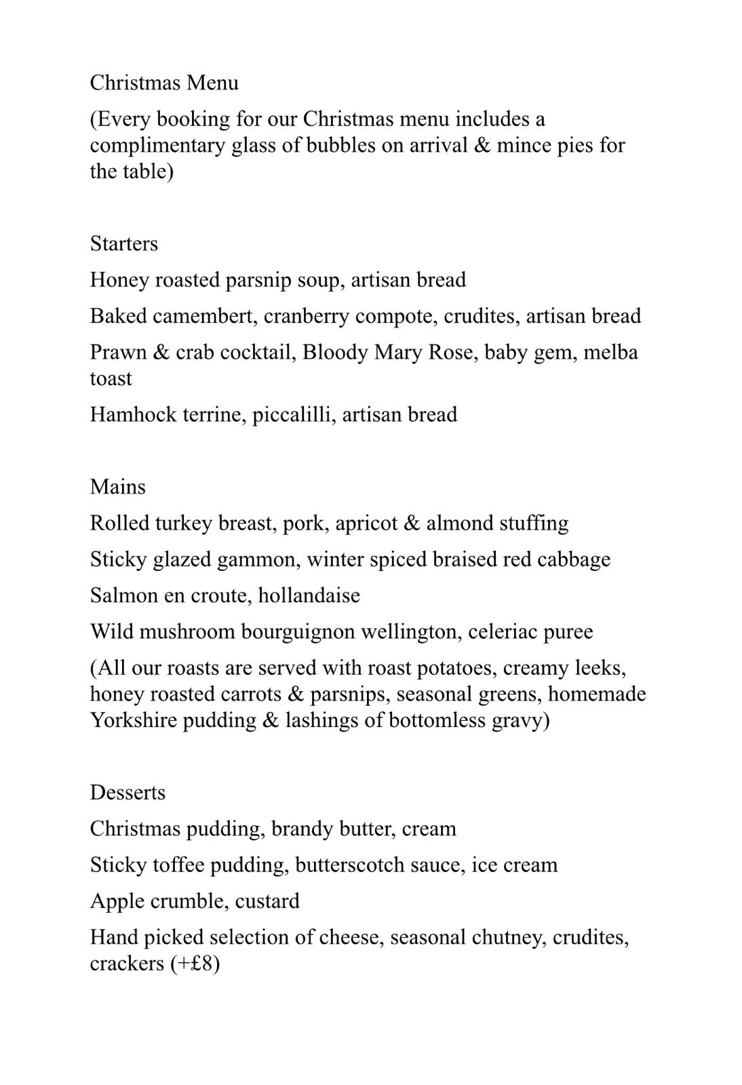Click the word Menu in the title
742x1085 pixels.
click(212, 83)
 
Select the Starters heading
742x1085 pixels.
click(123, 243)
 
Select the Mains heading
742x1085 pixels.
click(117, 487)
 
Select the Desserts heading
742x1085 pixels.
click(128, 793)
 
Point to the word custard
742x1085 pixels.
click(267, 901)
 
